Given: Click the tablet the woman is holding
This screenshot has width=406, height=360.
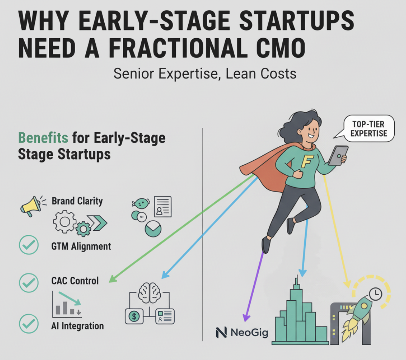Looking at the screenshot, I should [x=337, y=155].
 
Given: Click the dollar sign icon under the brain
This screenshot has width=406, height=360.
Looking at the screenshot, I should [x=135, y=316].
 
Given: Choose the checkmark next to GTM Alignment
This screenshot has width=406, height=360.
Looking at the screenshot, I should [x=29, y=245].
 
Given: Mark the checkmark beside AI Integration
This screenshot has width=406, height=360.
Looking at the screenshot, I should [x=29, y=324].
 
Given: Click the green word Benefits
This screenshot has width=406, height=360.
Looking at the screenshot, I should [x=43, y=138].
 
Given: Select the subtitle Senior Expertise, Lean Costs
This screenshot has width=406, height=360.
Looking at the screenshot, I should [x=205, y=73].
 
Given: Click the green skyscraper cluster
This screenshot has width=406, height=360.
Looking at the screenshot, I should [x=299, y=318].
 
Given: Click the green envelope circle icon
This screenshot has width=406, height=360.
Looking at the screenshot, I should [x=153, y=228].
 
